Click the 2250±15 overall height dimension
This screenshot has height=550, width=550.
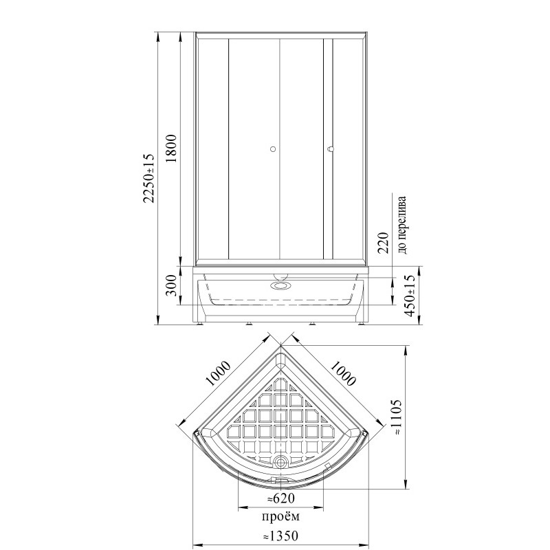[x=148, y=178]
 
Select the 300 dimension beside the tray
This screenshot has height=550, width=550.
[x=172, y=285]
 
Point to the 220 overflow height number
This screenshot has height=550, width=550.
[x=383, y=243]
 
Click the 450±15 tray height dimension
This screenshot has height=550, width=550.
[x=410, y=296]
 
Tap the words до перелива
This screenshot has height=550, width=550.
[x=402, y=225]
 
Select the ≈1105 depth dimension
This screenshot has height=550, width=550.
[x=396, y=417]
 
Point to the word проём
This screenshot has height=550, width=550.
[x=280, y=517]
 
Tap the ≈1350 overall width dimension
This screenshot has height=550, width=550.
[x=280, y=536]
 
